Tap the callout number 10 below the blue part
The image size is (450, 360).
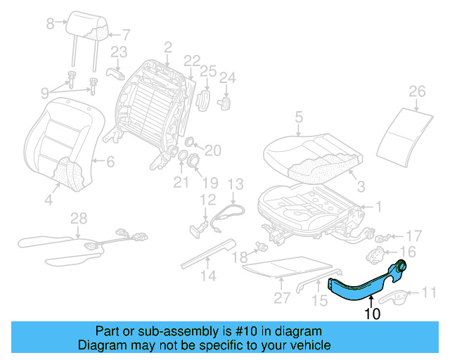click(372, 314)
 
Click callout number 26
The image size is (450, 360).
click(418, 91)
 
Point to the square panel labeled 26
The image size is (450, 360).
click(406, 134)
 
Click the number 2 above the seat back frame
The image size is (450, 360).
click(167, 47)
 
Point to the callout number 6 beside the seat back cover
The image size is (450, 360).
click(110, 162)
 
